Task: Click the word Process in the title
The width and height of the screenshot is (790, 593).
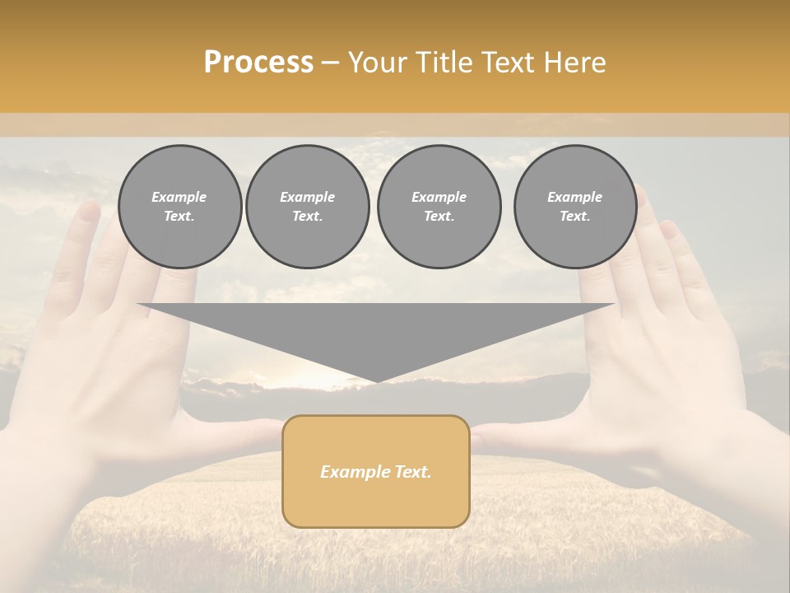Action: pyautogui.click(x=258, y=63)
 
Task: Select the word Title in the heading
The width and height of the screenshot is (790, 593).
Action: pyautogui.click(x=446, y=63)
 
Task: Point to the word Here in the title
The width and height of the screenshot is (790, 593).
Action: pyautogui.click(x=575, y=63)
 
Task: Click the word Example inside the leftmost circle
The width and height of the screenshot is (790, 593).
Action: pyautogui.click(x=179, y=197)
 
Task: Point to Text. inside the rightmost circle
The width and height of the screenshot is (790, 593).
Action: pyautogui.click(x=575, y=217)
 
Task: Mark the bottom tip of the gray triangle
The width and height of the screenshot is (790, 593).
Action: pyautogui.click(x=376, y=381)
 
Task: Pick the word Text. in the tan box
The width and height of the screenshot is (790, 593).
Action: pyautogui.click(x=413, y=472)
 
